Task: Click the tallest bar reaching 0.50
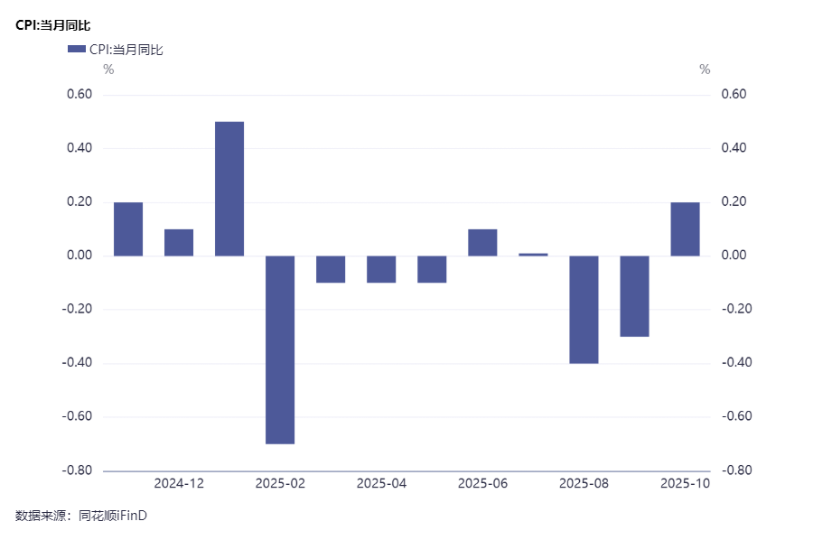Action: [x=229, y=189]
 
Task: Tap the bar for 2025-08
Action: [x=584, y=310]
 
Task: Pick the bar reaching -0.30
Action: [x=634, y=296]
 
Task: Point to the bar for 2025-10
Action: [x=685, y=229]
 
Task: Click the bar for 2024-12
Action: [x=179, y=243]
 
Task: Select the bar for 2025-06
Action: [x=482, y=243]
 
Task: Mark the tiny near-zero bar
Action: [x=533, y=255]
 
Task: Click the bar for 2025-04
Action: [x=381, y=269]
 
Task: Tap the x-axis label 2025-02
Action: [x=280, y=484]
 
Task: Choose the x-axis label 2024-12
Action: [x=179, y=484]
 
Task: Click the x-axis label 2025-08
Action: [x=584, y=484]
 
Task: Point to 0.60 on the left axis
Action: [x=79, y=95]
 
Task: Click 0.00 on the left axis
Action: [x=79, y=256]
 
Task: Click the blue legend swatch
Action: [x=76, y=50]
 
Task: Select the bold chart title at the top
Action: [x=53, y=25]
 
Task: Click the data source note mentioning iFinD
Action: [x=80, y=516]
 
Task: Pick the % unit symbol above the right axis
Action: [x=705, y=70]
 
